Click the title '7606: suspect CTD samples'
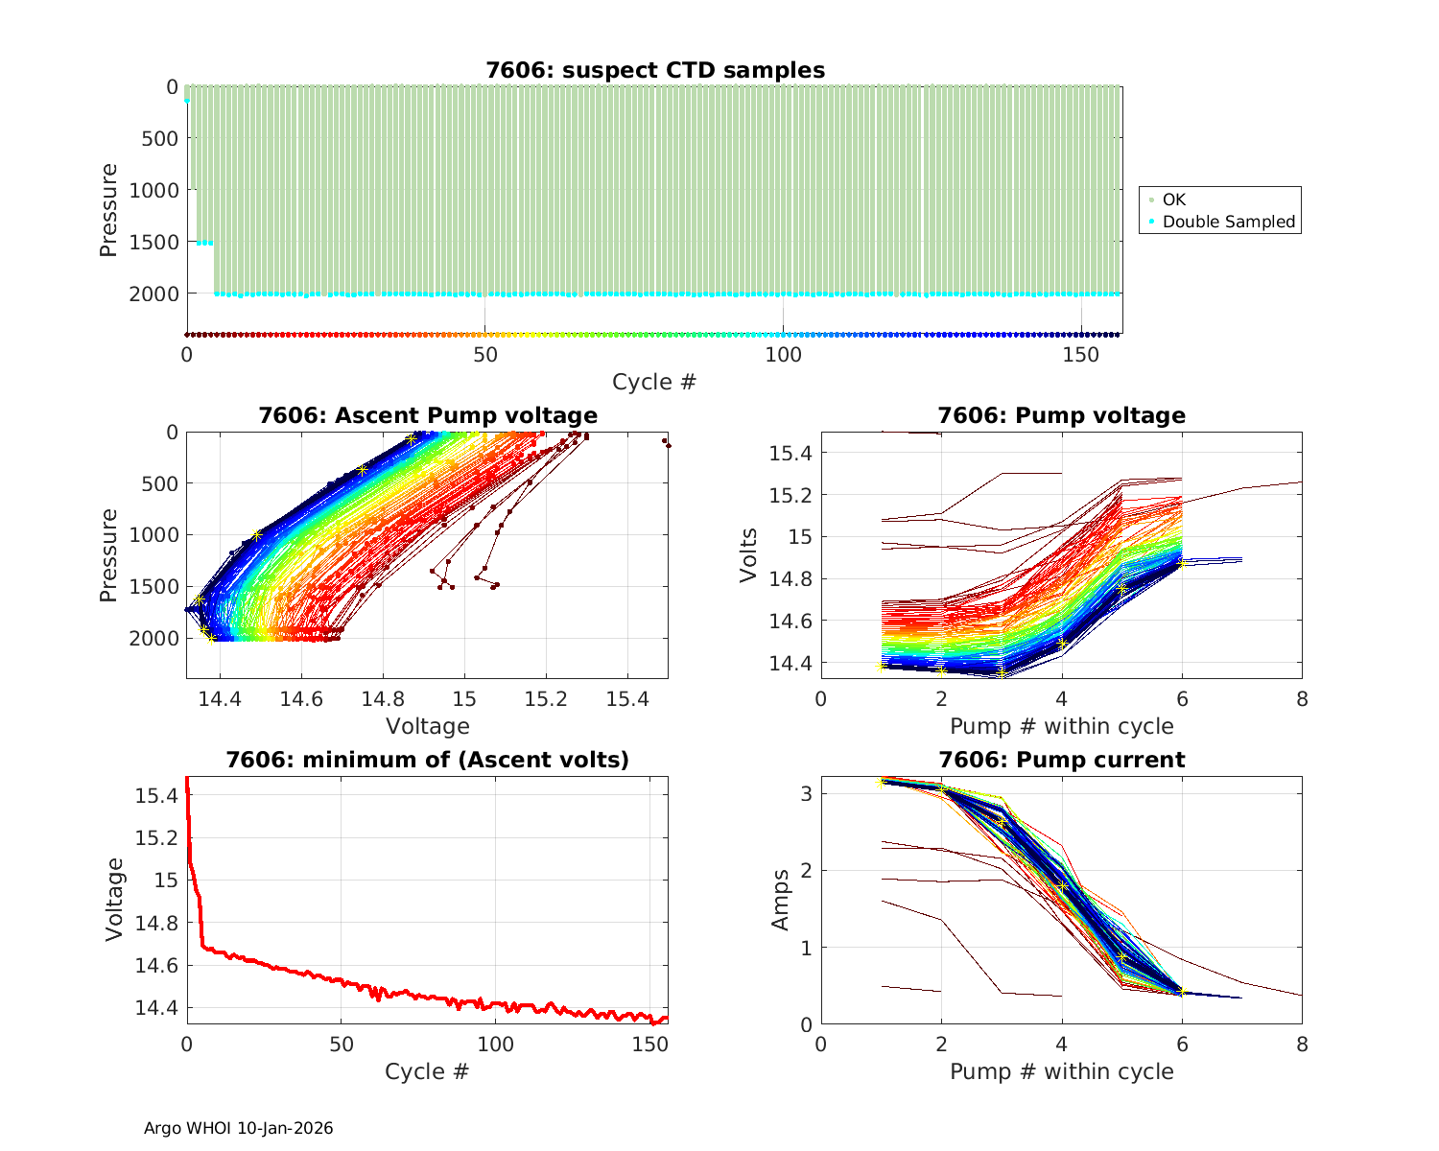click(x=654, y=70)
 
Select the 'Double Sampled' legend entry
click(x=1228, y=222)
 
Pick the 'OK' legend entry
click(x=1173, y=200)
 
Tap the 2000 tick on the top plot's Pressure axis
click(x=153, y=294)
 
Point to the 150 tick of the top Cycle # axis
click(x=1081, y=353)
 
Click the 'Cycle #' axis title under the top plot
click(x=654, y=382)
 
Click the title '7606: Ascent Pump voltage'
click(x=428, y=415)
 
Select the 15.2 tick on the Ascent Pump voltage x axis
click(x=546, y=699)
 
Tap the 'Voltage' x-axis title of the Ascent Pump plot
click(x=428, y=726)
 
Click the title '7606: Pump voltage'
click(x=1061, y=415)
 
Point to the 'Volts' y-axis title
click(x=748, y=556)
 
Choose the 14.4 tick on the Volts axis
click(x=790, y=664)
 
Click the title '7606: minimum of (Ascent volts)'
click(x=428, y=760)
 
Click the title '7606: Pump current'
click(x=1061, y=760)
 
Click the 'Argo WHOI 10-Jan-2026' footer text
click(x=238, y=1128)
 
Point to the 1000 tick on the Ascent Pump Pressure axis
click(x=153, y=535)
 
